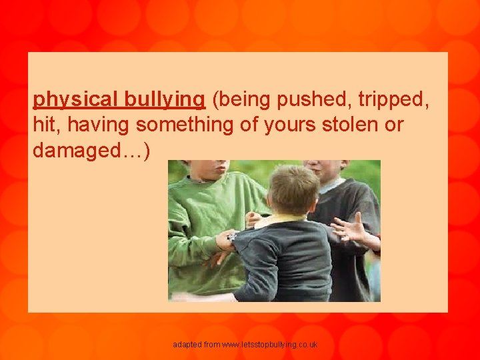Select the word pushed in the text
(x=314, y=100)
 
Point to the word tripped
(x=393, y=100)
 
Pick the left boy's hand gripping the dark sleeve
(x=226, y=240)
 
